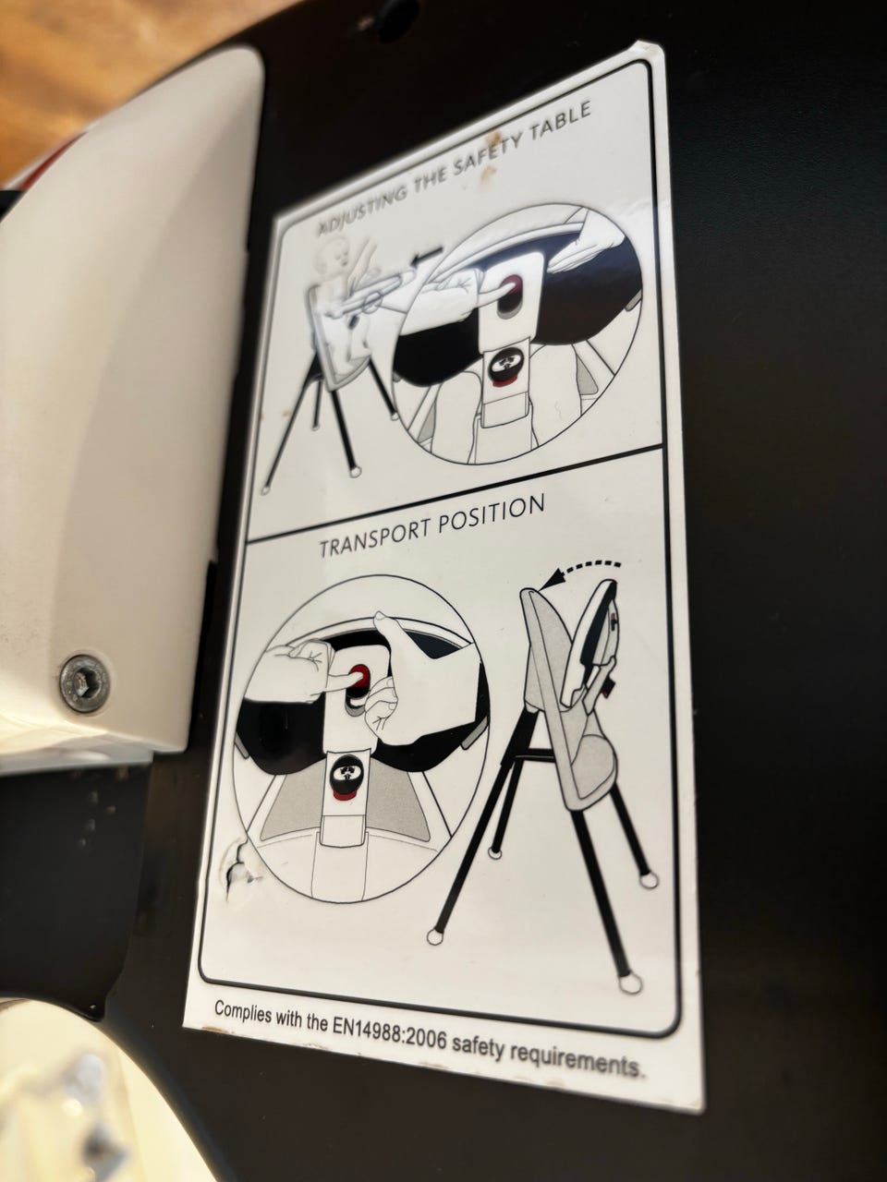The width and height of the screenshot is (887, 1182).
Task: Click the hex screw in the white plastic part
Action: click(x=84, y=683)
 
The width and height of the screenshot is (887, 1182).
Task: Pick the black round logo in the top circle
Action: click(x=505, y=368)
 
